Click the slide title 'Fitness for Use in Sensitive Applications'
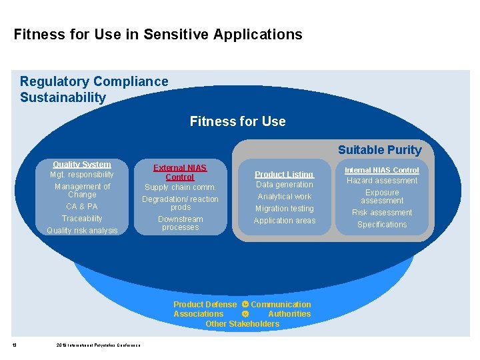click(158, 35)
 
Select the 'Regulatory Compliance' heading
click(94, 81)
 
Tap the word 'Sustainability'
click(63, 97)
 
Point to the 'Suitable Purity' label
click(379, 150)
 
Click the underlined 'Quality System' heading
click(82, 164)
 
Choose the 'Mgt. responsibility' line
click(82, 175)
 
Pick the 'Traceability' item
click(82, 219)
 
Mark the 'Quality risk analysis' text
click(82, 231)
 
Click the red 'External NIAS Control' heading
click(180, 173)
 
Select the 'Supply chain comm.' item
click(180, 187)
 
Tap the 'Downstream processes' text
click(180, 223)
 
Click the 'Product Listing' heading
click(285, 174)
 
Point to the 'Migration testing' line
click(285, 209)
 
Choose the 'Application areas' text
click(285, 221)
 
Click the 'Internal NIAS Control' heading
click(381, 171)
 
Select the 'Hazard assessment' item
click(382, 181)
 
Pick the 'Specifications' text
click(382, 225)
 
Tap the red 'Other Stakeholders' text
click(243, 324)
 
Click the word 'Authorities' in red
click(289, 314)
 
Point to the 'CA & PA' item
click(82, 207)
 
